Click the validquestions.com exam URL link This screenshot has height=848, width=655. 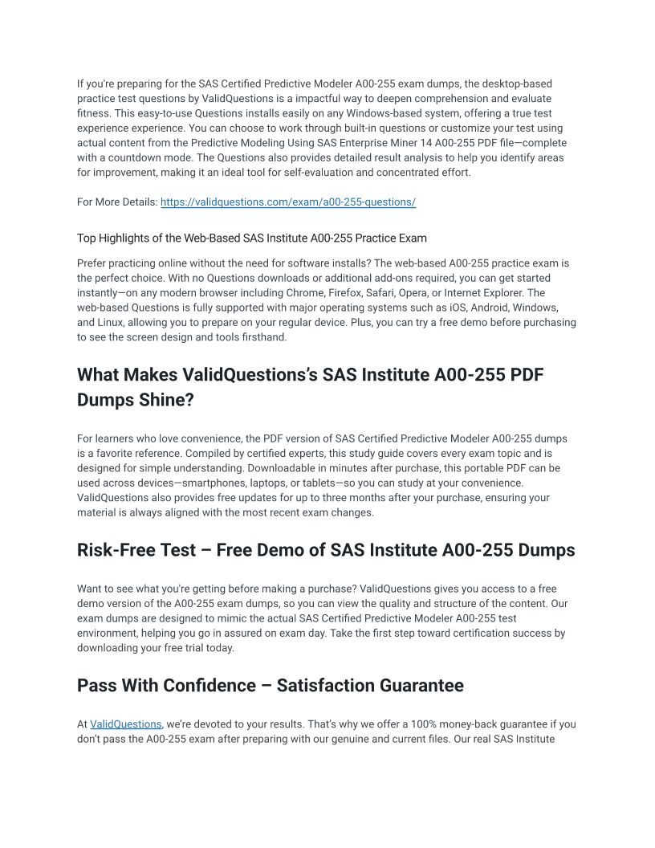[x=288, y=202]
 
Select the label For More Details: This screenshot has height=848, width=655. [x=117, y=202]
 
